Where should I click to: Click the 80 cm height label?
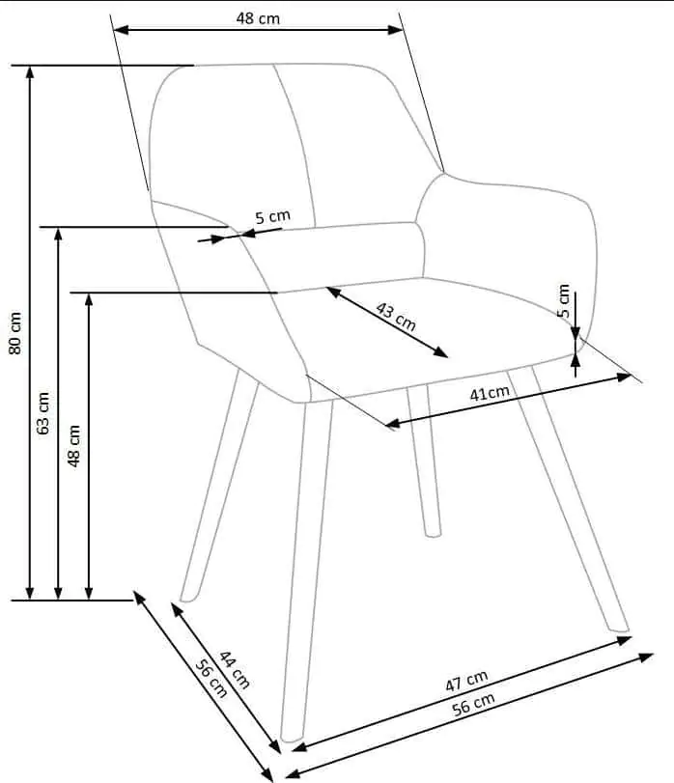point(15,333)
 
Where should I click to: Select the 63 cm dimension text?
point(43,413)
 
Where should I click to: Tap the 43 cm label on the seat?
point(395,317)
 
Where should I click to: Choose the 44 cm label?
point(234,670)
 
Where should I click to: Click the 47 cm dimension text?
point(466,681)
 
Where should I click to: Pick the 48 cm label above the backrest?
point(258,18)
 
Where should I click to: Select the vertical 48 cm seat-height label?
point(74,446)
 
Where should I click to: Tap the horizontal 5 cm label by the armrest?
point(272,216)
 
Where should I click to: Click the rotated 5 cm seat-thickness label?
point(564,300)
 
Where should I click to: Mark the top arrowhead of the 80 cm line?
point(30,71)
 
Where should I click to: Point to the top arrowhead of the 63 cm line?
point(58,234)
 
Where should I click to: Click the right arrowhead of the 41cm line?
point(625,378)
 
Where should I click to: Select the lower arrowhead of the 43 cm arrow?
point(441,352)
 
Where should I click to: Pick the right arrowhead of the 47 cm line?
point(626,640)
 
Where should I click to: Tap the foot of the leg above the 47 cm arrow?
point(620,629)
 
